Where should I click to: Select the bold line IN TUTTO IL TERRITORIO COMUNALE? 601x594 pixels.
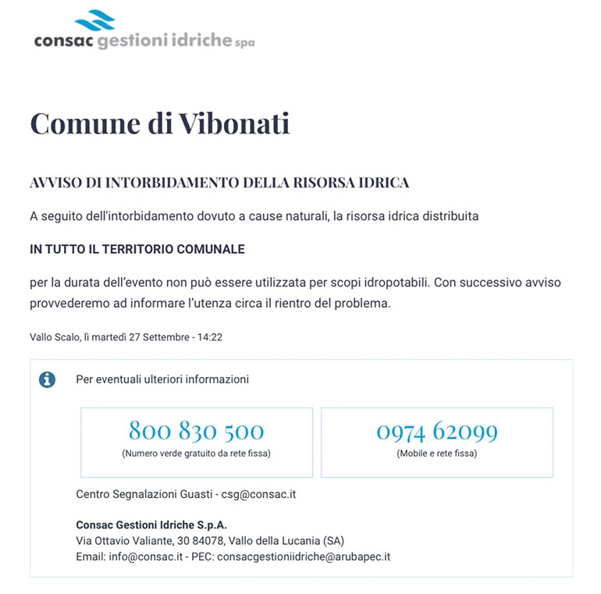(137, 249)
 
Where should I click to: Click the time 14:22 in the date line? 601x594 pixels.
(211, 337)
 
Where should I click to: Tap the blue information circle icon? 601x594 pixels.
(48, 379)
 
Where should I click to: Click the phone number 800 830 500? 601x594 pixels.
(196, 431)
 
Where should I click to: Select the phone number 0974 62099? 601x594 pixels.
(436, 431)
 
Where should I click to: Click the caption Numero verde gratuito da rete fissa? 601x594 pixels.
(196, 453)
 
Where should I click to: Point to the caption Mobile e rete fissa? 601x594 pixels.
(436, 453)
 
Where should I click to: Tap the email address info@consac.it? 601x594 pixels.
(146, 557)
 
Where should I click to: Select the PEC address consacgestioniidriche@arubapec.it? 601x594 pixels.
(304, 557)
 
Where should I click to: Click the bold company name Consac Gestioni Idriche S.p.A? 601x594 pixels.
(151, 525)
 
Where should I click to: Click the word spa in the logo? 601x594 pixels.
(245, 44)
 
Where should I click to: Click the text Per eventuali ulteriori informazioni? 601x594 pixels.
(162, 379)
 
